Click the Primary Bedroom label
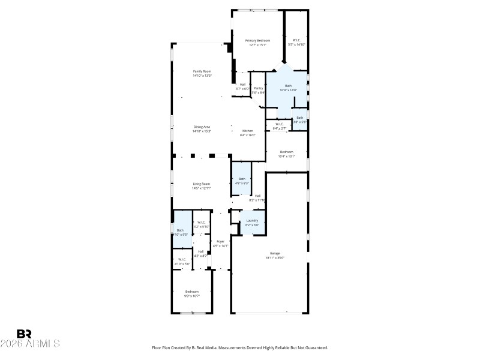click(257, 40)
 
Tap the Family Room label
click(202, 71)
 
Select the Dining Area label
click(202, 127)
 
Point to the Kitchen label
click(247, 131)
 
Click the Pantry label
click(258, 88)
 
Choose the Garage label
click(275, 253)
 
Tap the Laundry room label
click(252, 221)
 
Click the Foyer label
click(220, 241)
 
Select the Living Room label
click(201, 184)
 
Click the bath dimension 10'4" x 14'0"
click(288, 90)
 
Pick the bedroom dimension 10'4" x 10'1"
click(286, 157)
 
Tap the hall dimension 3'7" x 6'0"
click(242, 89)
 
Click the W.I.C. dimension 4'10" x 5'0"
click(182, 263)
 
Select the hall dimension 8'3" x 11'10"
click(257, 200)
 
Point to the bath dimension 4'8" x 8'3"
click(242, 183)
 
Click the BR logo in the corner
click(24, 334)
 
